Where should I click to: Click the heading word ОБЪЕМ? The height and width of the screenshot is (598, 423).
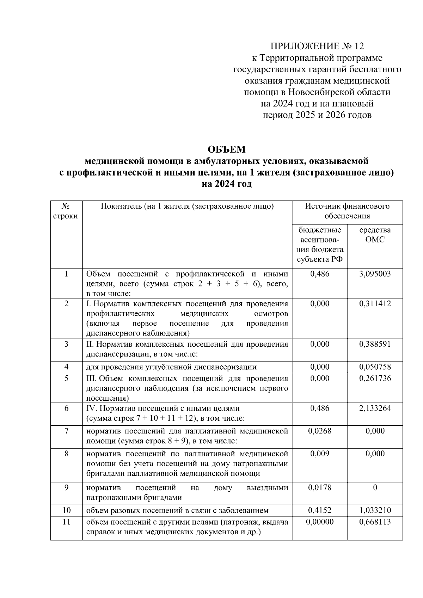(226, 149)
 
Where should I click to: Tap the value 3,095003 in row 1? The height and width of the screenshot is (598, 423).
(375, 274)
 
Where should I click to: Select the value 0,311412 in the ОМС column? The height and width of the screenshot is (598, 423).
(375, 303)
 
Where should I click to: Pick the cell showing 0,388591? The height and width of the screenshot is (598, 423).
(375, 344)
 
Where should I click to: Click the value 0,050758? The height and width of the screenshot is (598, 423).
(375, 367)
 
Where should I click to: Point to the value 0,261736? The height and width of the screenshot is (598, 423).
(375, 378)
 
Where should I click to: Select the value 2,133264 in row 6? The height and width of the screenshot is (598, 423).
(375, 408)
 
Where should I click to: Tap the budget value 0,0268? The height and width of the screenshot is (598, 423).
(319, 431)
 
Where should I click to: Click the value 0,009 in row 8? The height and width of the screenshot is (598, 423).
(319, 454)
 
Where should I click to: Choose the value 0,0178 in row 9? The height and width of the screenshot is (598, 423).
(319, 487)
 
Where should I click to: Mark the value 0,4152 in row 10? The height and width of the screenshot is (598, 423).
(319, 510)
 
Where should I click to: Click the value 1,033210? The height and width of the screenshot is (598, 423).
(375, 510)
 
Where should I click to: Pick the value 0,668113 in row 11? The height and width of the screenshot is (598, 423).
(375, 522)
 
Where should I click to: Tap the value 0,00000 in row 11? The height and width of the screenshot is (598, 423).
(319, 522)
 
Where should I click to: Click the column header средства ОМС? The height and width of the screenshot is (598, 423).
(375, 235)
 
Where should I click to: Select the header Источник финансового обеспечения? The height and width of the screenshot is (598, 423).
(347, 211)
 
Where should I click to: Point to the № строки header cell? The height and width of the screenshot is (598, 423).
(66, 211)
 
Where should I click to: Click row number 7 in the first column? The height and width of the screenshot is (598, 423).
(66, 431)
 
